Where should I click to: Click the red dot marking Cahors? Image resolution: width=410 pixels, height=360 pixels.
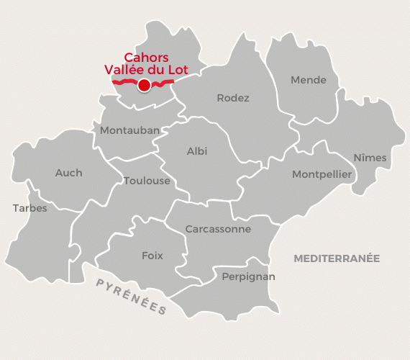tap(144, 85)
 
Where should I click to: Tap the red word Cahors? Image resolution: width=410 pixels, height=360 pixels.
tap(147, 58)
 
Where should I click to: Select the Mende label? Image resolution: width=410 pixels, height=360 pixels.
tap(308, 80)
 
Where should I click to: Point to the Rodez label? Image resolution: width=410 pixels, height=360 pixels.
tap(233, 98)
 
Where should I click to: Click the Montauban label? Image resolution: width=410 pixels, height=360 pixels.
tap(130, 130)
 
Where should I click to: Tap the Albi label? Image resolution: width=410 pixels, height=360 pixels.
tap(196, 151)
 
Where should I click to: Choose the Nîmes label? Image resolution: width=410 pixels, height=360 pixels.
tap(370, 158)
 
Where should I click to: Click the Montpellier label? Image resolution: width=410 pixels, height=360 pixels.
tap(322, 174)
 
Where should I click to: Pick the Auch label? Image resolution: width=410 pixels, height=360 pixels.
tap(68, 173)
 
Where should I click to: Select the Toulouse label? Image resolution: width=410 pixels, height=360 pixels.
tap(147, 181)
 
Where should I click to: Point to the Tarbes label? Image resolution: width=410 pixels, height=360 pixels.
tap(29, 208)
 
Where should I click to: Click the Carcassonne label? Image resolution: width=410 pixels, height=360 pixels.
tap(218, 229)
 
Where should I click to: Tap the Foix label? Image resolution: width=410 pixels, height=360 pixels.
tap(152, 256)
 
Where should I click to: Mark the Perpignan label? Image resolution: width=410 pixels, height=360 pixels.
tap(248, 276)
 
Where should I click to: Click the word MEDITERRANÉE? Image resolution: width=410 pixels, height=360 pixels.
tap(336, 258)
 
